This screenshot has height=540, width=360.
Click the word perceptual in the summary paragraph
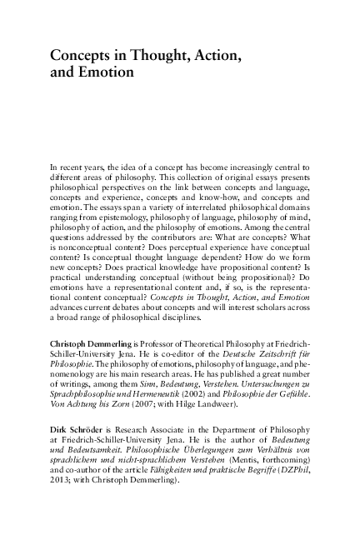tap(194, 247)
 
